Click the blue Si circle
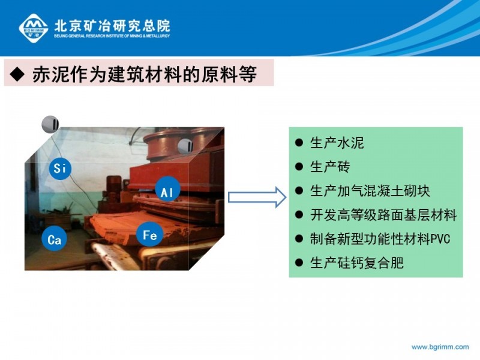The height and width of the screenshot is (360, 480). pyautogui.click(x=60, y=168)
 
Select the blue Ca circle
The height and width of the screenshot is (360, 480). pyautogui.click(x=54, y=239)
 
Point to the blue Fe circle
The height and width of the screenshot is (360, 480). pyautogui.click(x=149, y=235)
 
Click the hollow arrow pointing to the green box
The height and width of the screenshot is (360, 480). pyautogui.click(x=257, y=197)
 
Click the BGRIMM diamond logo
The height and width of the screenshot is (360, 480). pyautogui.click(x=34, y=28)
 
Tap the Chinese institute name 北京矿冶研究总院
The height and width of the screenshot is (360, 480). pyautogui.click(x=112, y=26)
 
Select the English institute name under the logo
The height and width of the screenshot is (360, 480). pyautogui.click(x=112, y=36)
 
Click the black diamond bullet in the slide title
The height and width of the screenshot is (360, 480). pyautogui.click(x=17, y=74)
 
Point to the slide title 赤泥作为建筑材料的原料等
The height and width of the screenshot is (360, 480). pyautogui.click(x=144, y=74)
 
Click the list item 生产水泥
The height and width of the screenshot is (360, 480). pyautogui.click(x=337, y=143)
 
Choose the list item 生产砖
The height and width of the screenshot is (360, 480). pyautogui.click(x=330, y=167)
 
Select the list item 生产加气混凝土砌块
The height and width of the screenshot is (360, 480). pyautogui.click(x=370, y=191)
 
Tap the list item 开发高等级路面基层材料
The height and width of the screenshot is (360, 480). pyautogui.click(x=383, y=215)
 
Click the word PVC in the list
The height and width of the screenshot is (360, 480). pyautogui.click(x=440, y=239)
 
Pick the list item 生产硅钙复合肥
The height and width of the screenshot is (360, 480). pyautogui.click(x=356, y=263)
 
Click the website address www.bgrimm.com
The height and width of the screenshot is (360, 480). pyautogui.click(x=440, y=347)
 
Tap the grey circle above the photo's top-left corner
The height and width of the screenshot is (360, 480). pyautogui.click(x=50, y=124)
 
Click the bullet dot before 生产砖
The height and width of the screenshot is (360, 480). pyautogui.click(x=299, y=167)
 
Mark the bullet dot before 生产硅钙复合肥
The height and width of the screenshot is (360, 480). pyautogui.click(x=299, y=263)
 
